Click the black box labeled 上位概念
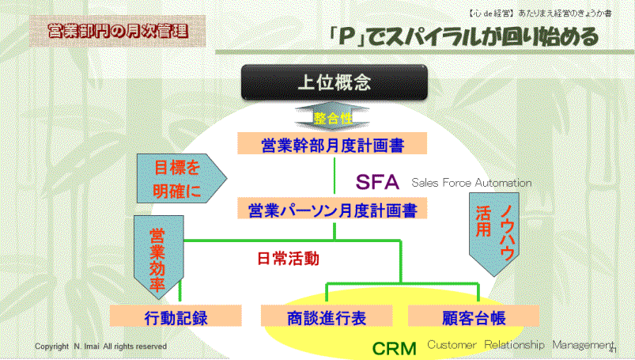pos(334,82)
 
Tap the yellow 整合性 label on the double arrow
pos(333,119)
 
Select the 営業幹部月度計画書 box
pos(332,143)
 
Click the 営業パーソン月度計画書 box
pos(332,208)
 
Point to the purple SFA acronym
pos(377,182)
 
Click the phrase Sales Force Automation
pos(471,183)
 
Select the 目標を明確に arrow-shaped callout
pos(181,178)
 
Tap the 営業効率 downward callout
pos(159,257)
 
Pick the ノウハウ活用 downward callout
pos(494,234)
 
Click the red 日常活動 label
pos(289,259)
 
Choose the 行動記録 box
pos(176,316)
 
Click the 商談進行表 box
pos(327,316)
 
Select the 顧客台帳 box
pos(474,316)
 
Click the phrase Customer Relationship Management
pos(521,345)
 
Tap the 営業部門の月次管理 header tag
pos(118,31)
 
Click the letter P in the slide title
pos(346,36)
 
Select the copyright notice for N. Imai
pos(101,347)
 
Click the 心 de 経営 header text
pos(491,13)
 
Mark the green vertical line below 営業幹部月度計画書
pos(335,176)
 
